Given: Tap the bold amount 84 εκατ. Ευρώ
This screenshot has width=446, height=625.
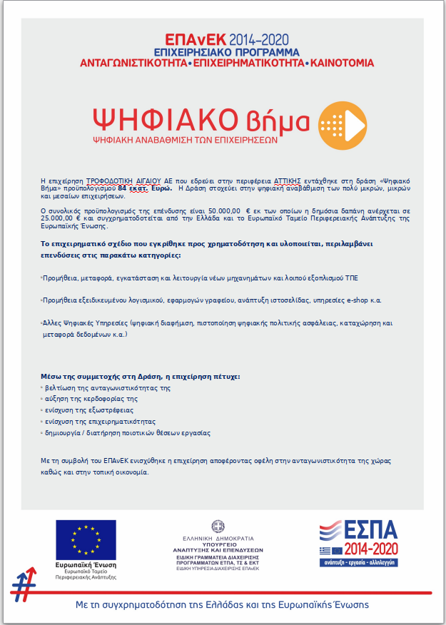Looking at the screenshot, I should (145, 188).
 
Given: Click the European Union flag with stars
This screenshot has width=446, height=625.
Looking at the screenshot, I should (86, 539).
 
